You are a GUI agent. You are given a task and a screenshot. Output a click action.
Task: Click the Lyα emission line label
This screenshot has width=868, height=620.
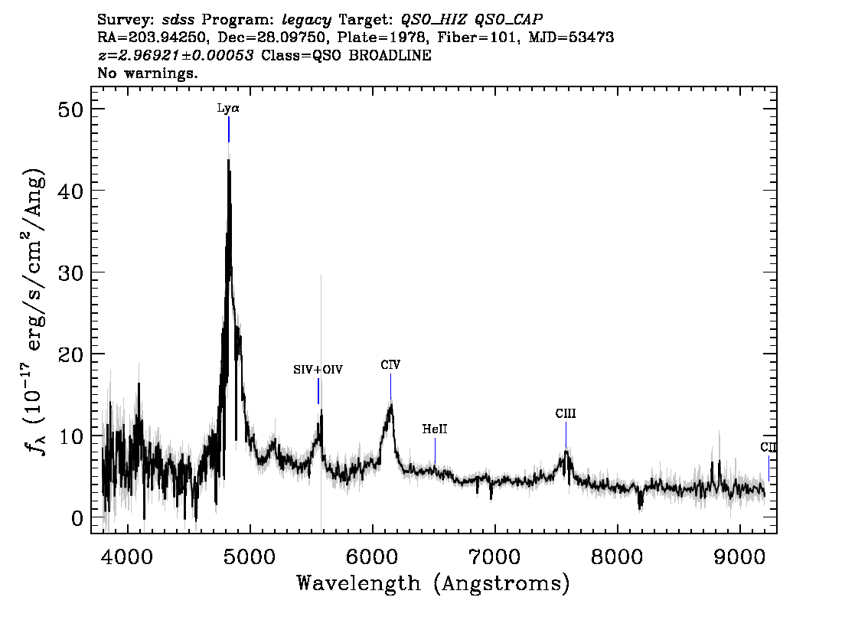coord(228,108)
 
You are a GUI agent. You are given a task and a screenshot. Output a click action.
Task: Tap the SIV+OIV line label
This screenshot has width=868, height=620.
coord(318,370)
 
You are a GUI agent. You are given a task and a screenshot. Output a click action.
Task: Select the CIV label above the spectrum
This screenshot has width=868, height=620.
coord(390,365)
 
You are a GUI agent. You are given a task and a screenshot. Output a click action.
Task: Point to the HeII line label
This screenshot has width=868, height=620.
coord(435,429)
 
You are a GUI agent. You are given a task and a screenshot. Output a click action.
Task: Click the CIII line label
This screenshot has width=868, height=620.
coord(566,413)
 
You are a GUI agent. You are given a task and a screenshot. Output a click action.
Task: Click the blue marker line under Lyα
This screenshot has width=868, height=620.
coord(229,129)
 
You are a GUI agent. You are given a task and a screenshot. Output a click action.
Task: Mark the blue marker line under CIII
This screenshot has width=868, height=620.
coord(566,435)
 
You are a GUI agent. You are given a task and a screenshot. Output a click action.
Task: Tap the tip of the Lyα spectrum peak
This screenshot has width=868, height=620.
coord(228,159)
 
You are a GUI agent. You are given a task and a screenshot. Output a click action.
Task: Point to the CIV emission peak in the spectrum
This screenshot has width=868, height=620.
coord(391,405)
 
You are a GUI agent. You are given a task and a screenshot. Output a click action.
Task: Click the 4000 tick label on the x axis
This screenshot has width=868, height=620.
coord(128,557)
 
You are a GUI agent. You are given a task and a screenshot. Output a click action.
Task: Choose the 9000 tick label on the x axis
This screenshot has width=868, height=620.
coord(739,557)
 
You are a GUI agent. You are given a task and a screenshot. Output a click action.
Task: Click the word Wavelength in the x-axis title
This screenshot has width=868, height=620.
coord(359,583)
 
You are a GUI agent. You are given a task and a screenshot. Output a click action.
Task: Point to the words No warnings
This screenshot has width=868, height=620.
coord(147,73)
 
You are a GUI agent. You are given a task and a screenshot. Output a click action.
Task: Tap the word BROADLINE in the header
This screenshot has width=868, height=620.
coord(390,55)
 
